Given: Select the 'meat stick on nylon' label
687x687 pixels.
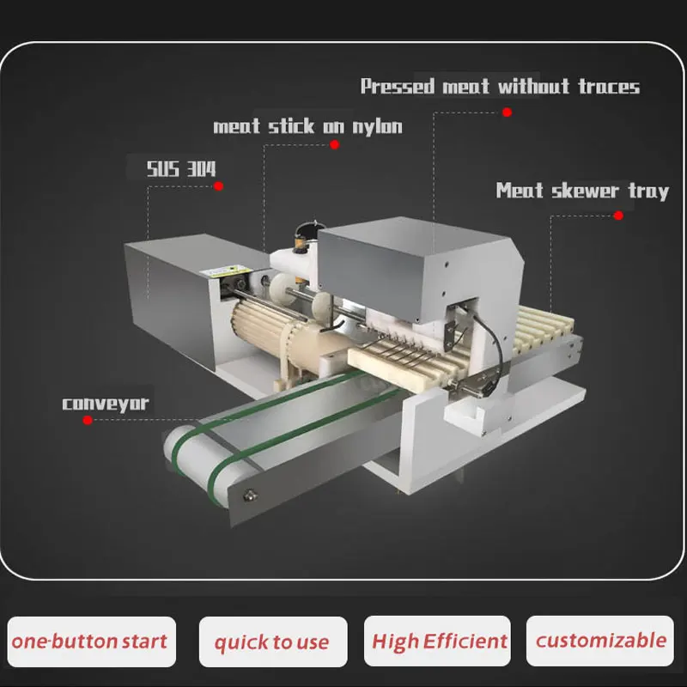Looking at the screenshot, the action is (x=307, y=126).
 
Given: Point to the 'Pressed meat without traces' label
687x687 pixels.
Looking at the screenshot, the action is (x=500, y=87).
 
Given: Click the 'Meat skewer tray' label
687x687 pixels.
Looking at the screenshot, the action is (x=582, y=190).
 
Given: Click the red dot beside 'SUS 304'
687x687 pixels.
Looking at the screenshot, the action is (x=220, y=185).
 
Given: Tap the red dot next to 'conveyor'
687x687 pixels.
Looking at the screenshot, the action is (x=87, y=420).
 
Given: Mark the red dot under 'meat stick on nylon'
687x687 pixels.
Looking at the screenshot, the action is (x=335, y=145).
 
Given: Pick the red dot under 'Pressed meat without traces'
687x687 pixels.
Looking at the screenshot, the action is (x=507, y=112).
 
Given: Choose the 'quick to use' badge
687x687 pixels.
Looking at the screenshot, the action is (x=272, y=641).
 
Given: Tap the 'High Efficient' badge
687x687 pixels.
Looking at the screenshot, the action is (x=438, y=641).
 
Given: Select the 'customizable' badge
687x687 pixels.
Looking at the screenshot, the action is (x=600, y=640).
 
